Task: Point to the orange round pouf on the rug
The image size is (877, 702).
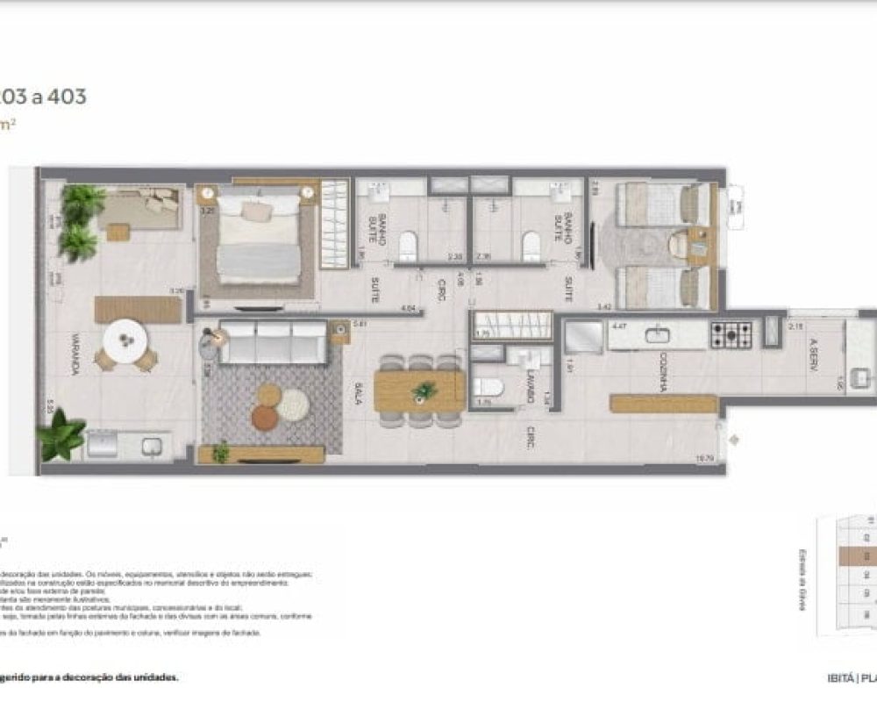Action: [x=265, y=417]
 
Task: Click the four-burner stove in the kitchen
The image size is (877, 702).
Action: [x=731, y=334]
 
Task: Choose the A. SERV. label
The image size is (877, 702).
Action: [x=814, y=357]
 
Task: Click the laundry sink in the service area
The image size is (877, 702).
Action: [x=863, y=376]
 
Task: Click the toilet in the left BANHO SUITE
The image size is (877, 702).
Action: [x=408, y=245]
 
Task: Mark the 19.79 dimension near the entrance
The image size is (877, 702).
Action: [x=703, y=457]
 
